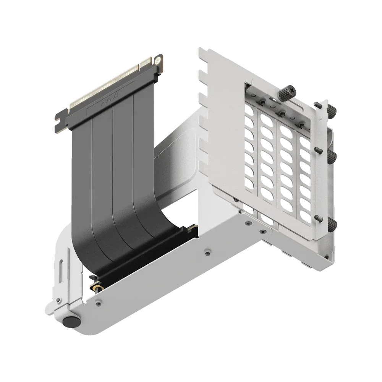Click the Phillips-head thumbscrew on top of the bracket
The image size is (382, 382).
pyautogui.click(x=288, y=92)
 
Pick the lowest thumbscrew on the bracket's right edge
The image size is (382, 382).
pyautogui.click(x=333, y=225)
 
